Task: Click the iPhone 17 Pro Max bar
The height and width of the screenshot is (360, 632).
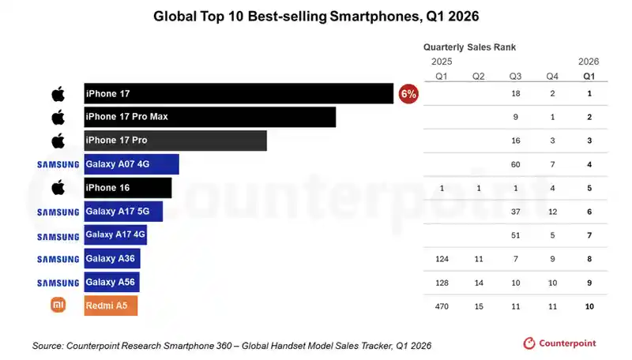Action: [x=209, y=117]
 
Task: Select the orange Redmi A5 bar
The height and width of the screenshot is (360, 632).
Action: [x=111, y=306]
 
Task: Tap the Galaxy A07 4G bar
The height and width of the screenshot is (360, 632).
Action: [x=131, y=164]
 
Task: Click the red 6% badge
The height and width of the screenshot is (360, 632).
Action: [x=408, y=94]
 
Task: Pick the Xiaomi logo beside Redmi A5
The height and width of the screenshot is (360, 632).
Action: [x=58, y=305]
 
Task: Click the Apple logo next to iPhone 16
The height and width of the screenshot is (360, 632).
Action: [x=58, y=188]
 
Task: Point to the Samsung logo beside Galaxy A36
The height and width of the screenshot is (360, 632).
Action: [x=58, y=259]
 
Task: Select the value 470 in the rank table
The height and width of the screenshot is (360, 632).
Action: [x=442, y=306]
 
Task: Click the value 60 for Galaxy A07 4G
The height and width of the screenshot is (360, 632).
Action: [x=516, y=164]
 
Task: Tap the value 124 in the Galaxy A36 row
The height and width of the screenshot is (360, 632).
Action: [x=442, y=259]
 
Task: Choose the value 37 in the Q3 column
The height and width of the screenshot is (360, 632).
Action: [x=516, y=212]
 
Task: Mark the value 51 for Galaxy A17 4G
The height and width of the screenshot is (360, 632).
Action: [x=516, y=235]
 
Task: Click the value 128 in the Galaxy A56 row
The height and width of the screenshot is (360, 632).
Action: [x=442, y=283]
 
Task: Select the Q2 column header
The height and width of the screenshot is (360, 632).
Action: [x=479, y=77]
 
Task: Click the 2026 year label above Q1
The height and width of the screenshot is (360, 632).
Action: [x=589, y=62]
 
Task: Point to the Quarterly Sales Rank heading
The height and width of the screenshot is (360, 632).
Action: [x=469, y=47]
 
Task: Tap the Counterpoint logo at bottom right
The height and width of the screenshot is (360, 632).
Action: [x=559, y=343]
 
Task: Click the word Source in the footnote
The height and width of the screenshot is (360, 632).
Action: [x=47, y=346]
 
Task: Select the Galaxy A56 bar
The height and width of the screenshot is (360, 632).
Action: [x=111, y=283]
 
